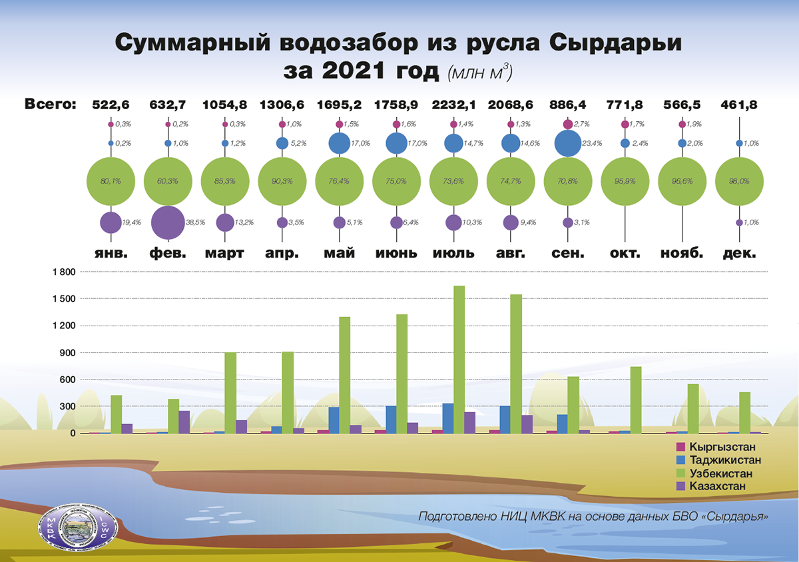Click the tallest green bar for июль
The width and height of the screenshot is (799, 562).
459,360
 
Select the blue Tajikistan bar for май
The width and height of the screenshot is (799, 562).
334,420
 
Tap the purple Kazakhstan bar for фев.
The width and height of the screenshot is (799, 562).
184,422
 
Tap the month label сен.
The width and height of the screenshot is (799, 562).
567,254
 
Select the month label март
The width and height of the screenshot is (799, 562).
224,254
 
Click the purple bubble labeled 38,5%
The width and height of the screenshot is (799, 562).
168,222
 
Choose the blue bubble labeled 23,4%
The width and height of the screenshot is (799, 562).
567,143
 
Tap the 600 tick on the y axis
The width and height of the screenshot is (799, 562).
69,380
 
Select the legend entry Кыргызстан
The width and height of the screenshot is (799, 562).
722,447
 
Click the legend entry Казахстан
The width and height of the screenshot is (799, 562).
718,487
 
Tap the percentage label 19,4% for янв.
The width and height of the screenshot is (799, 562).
131,222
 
